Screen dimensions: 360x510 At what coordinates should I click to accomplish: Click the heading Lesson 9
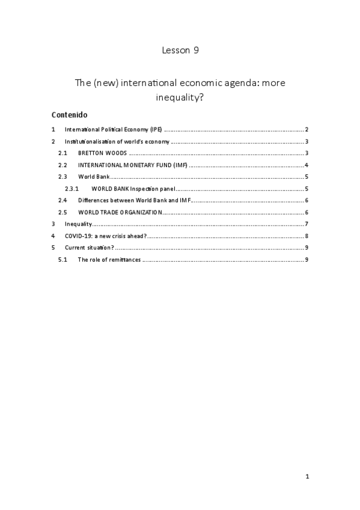(180, 51)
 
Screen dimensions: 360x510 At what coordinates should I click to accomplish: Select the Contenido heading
(70, 114)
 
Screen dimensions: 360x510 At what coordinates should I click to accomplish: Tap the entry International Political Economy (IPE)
(114, 130)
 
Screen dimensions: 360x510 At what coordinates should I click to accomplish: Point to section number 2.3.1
(72, 189)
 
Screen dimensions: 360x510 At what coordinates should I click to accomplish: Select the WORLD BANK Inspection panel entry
(133, 189)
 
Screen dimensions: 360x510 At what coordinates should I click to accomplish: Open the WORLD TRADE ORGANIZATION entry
(120, 212)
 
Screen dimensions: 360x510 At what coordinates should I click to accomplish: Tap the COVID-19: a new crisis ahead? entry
(106, 236)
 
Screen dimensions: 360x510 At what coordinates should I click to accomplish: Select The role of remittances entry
(109, 259)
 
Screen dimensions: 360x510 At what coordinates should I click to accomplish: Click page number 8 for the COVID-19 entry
(307, 236)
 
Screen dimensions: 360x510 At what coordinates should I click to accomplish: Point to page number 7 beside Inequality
(307, 224)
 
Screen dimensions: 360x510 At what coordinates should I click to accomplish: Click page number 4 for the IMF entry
(307, 165)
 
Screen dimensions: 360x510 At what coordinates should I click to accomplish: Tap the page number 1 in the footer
(307, 477)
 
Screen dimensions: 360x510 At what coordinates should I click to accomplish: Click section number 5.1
(63, 259)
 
